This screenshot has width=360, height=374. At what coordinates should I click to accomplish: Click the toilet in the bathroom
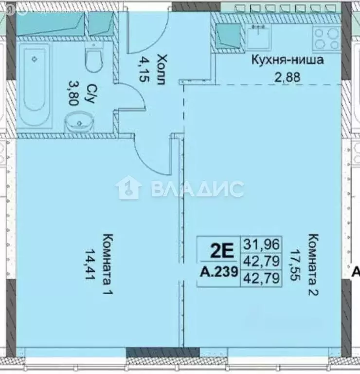(92, 59)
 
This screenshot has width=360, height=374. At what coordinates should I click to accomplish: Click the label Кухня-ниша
(287, 61)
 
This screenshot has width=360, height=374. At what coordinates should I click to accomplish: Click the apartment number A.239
(219, 273)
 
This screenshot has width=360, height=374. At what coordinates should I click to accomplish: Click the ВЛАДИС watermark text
(197, 188)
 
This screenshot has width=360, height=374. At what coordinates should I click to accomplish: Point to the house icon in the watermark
(128, 187)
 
